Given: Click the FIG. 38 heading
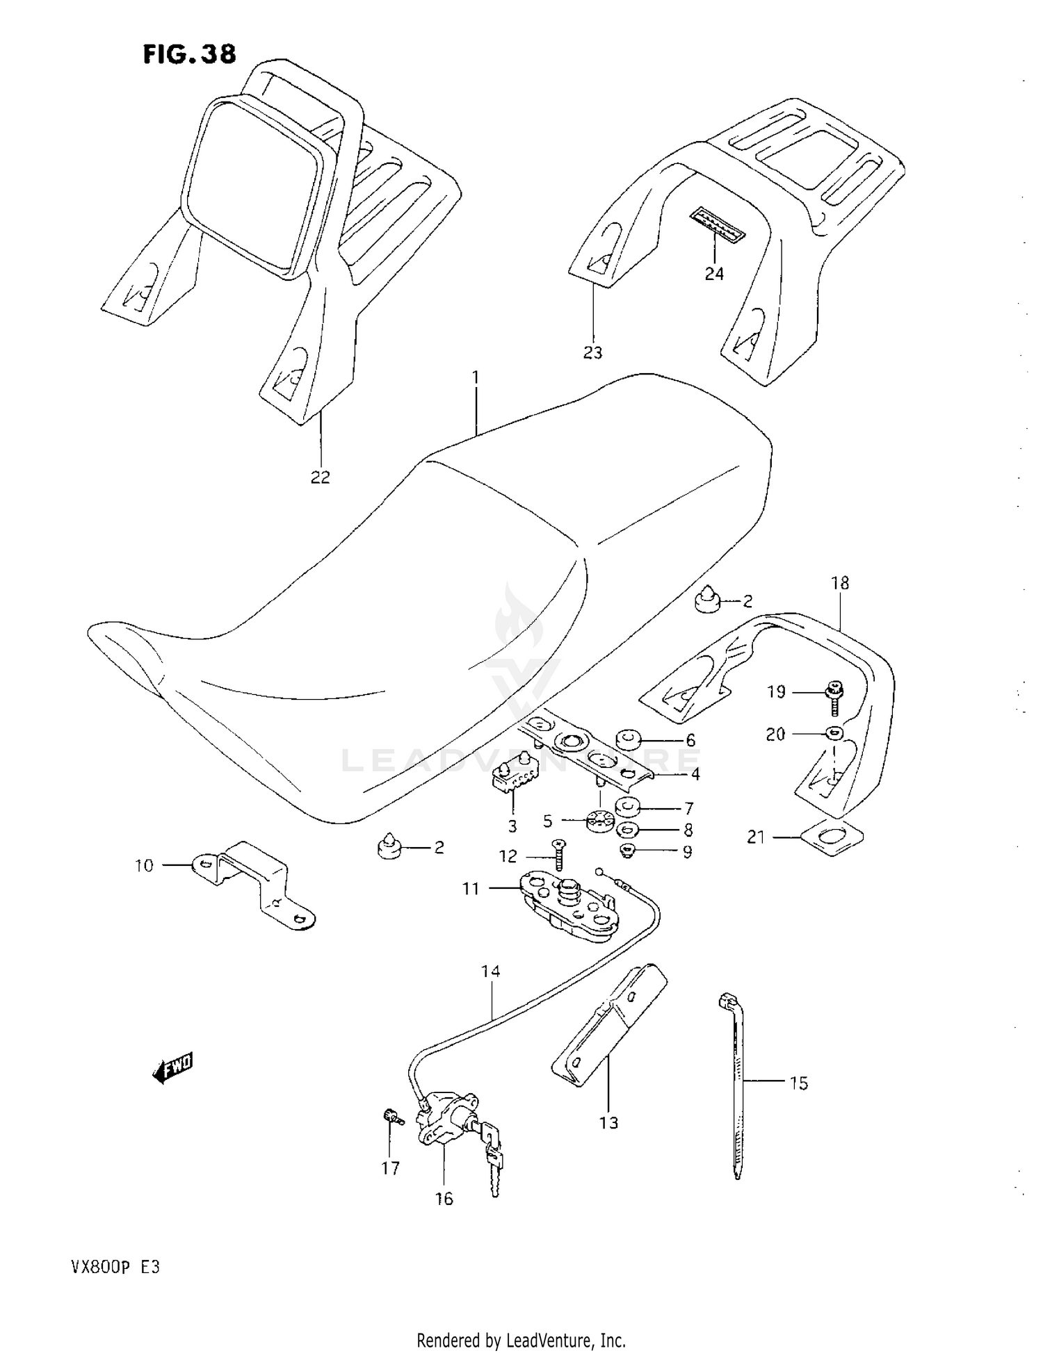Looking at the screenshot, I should point(189,54).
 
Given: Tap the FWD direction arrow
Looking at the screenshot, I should point(173,1069).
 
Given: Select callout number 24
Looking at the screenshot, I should point(714,274).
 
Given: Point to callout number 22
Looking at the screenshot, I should point(320,477).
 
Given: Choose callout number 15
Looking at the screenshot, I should point(799,1083).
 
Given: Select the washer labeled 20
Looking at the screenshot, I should point(833,732).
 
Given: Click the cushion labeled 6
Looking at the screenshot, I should point(629,739).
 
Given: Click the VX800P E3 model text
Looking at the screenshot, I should point(115,1266).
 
